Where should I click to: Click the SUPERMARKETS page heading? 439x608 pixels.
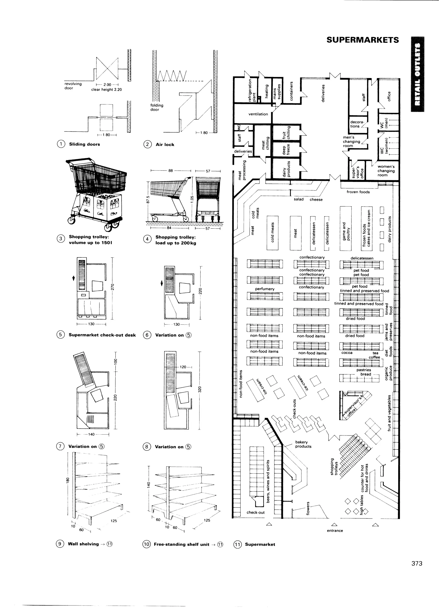(x=362, y=40)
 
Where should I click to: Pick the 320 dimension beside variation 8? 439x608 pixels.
(x=200, y=389)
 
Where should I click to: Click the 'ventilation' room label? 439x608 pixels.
(x=258, y=114)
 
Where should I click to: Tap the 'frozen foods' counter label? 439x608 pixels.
(x=358, y=192)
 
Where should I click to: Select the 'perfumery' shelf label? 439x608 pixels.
(x=265, y=289)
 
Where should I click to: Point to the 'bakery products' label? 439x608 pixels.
(x=303, y=444)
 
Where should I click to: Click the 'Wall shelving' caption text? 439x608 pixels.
(x=83, y=544)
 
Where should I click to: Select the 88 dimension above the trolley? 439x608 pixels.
(x=171, y=171)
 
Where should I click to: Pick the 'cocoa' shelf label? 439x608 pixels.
(x=347, y=353)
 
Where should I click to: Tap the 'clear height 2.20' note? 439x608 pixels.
(x=107, y=90)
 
